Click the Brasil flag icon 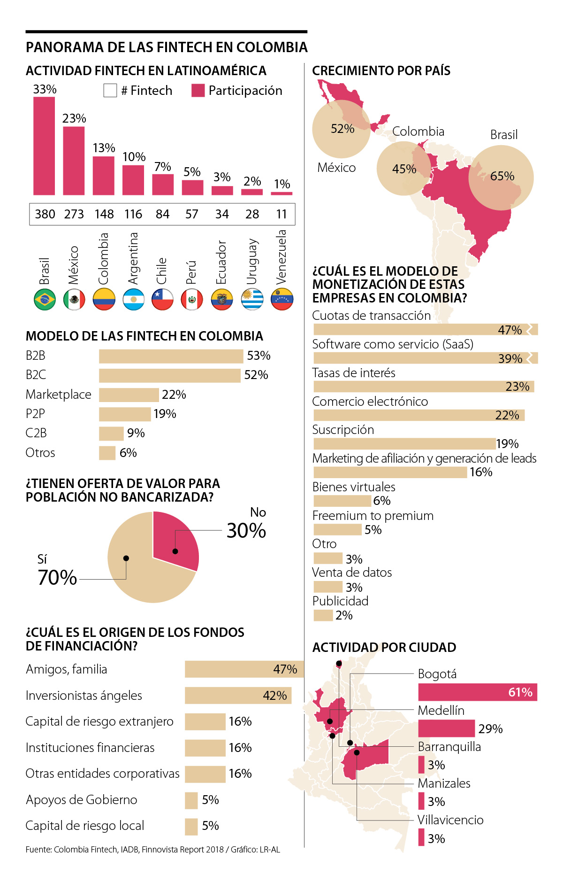(x=45, y=299)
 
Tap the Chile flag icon (x=162, y=299)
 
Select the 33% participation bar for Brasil (x=44, y=146)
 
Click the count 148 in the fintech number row (x=104, y=214)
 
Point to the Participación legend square (x=198, y=91)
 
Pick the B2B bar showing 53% (x=171, y=356)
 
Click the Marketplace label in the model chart (x=59, y=395)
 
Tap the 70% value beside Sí (x=57, y=577)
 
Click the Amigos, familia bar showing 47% (x=244, y=669)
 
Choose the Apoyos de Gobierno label (x=82, y=800)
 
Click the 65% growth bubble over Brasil (x=501, y=177)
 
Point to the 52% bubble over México (x=342, y=129)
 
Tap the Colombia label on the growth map (x=418, y=132)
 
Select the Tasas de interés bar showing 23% (x=423, y=387)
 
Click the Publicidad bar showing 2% (x=323, y=615)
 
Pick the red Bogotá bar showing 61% (x=477, y=692)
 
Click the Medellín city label (x=441, y=711)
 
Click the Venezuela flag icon (x=282, y=299)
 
